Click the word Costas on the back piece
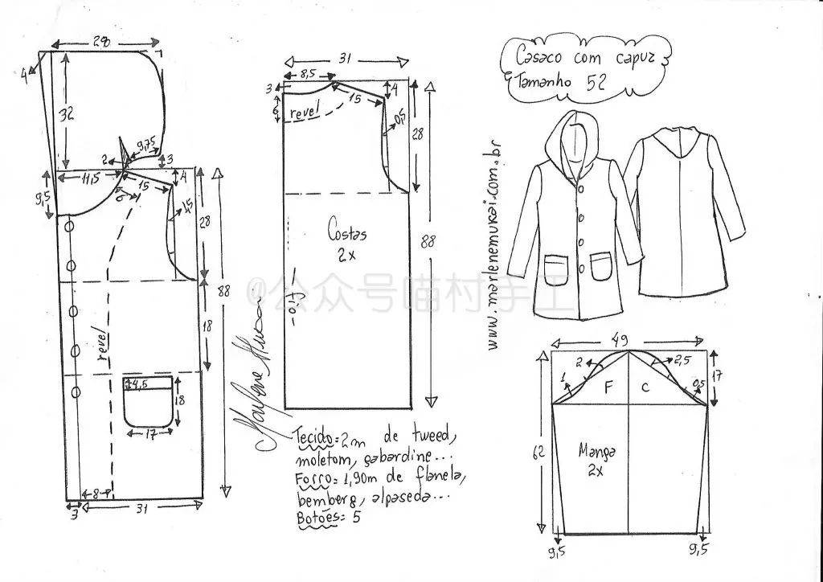click(346, 233)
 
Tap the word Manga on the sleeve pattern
click(596, 452)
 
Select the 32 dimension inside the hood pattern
click(66, 113)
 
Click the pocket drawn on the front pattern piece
click(150, 401)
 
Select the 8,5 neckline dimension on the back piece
click(306, 74)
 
